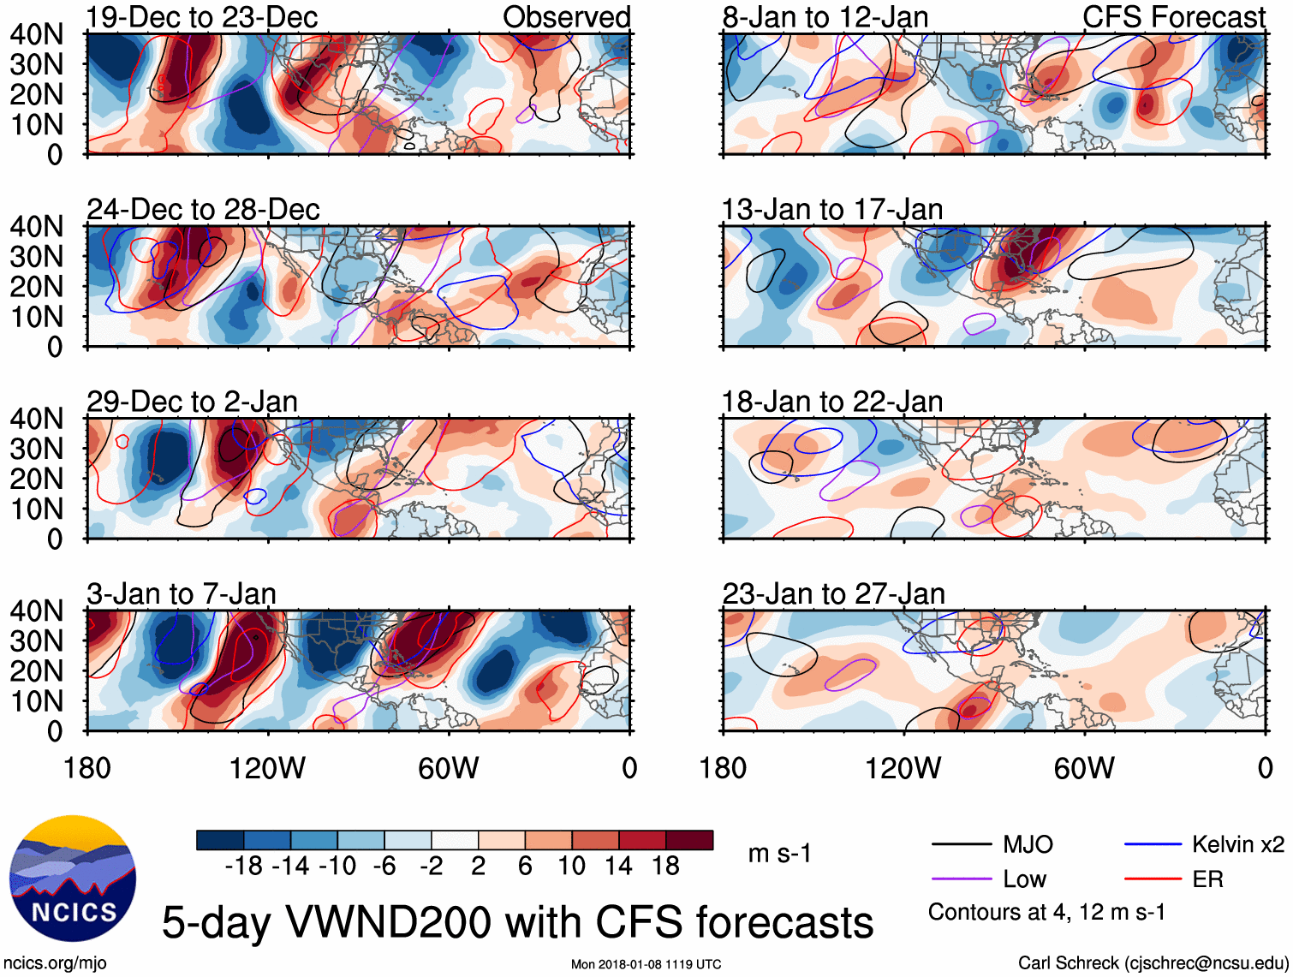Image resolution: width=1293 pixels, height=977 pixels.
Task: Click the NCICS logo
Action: click(72, 878)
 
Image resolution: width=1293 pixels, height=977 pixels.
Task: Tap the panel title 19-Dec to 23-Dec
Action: click(202, 17)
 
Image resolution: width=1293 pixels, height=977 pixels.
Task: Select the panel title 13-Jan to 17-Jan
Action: click(832, 210)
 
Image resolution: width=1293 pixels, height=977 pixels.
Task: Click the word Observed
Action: click(566, 17)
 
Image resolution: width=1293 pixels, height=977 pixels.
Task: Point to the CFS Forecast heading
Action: click(1173, 17)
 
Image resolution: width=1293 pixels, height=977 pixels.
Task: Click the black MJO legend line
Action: click(961, 845)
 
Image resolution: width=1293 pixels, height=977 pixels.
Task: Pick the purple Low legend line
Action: click(961, 879)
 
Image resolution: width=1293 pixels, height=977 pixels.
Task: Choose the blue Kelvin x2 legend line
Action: click(1153, 845)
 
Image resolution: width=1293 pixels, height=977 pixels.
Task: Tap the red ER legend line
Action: click(1153, 879)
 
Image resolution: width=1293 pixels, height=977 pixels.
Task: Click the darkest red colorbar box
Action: click(689, 840)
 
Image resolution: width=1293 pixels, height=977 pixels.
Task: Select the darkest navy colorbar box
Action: click(220, 840)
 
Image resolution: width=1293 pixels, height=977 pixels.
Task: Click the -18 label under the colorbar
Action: click(244, 866)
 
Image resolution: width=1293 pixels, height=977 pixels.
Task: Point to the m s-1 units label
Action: click(779, 854)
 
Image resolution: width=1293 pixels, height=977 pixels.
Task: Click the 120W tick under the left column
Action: click(267, 768)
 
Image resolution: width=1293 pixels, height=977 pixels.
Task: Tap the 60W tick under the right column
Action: click(1084, 768)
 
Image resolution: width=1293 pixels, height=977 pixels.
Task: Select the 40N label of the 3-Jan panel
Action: click(36, 611)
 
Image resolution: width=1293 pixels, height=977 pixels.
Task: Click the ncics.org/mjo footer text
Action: click(55, 963)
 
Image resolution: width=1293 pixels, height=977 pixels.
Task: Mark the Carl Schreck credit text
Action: click(1153, 963)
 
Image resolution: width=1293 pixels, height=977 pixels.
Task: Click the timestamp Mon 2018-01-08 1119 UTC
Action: click(646, 964)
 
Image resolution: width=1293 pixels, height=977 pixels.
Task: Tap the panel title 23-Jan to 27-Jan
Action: click(833, 594)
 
